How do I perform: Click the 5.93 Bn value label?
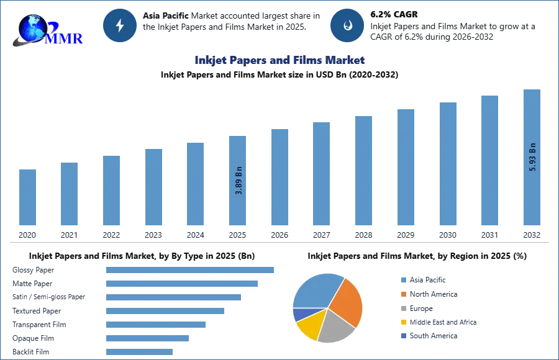point(532,157)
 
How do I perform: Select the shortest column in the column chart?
point(27,198)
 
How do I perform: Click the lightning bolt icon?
point(120,25)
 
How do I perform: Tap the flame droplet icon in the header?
point(347,25)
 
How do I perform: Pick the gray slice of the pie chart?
point(335,327)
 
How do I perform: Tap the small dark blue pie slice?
point(300,313)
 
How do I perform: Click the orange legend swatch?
point(402,294)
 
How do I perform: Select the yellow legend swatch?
point(402,322)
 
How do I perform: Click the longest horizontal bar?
point(191,269)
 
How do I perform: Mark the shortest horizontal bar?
point(139,352)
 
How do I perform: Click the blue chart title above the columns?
point(279,60)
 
